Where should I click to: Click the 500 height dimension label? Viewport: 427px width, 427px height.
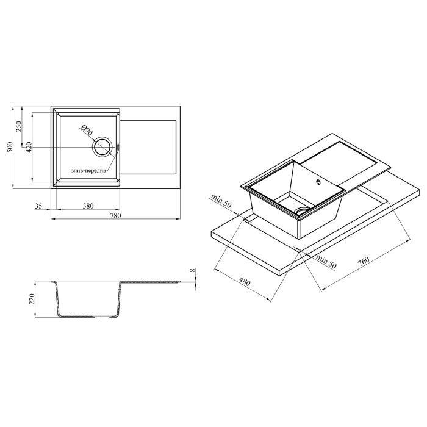coord(10,147)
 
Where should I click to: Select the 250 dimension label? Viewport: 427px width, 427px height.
coord(20,126)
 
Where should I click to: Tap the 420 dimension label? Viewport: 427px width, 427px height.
coord(29,147)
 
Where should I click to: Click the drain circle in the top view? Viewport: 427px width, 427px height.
coord(102,147)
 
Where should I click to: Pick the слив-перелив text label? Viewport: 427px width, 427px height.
coord(89,171)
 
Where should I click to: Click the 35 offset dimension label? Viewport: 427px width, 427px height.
coord(38,206)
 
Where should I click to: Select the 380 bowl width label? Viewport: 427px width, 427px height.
coord(88,206)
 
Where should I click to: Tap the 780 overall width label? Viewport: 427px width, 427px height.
coord(115,216)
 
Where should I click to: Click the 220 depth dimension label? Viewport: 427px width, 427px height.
coord(32,299)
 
